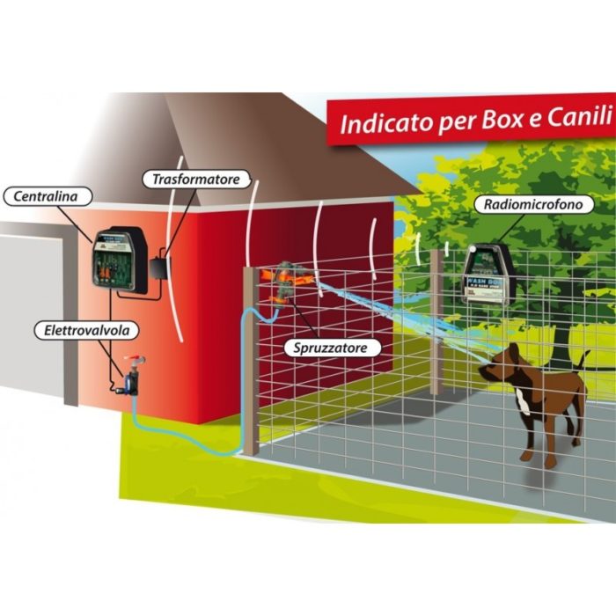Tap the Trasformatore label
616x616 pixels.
coord(195,180)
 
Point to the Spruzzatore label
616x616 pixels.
coord(332,348)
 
